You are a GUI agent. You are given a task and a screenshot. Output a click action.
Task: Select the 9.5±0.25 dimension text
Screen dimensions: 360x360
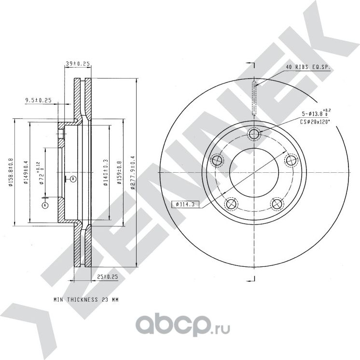pos(38,100)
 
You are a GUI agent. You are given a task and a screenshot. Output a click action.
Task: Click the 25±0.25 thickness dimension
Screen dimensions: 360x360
pos(108,277)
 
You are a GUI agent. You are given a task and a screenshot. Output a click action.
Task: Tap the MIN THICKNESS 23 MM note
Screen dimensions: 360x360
pos(86,300)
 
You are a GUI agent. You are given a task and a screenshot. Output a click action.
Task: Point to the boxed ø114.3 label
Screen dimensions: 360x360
pos(185,205)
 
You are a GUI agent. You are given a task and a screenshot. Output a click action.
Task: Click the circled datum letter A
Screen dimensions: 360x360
pos(45,205)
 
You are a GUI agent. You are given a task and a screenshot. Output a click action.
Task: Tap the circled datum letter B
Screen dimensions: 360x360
pos(72,179)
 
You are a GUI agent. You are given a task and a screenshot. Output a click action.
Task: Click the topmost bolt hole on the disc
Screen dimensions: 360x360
pos(254,134)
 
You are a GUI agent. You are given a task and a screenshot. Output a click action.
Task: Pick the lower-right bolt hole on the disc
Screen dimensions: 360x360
pos(277,204)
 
